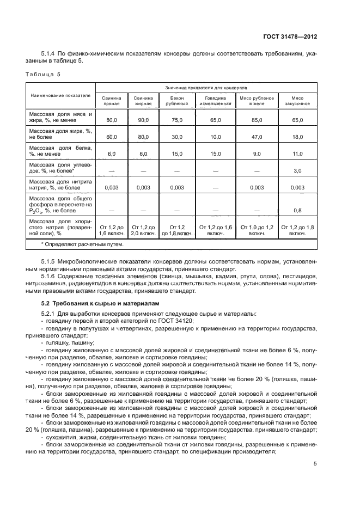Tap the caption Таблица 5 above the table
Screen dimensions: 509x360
(44, 73)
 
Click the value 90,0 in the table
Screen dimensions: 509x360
(143, 119)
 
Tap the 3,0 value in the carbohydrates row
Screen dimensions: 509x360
(297, 171)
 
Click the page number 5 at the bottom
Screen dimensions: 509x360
(315, 463)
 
